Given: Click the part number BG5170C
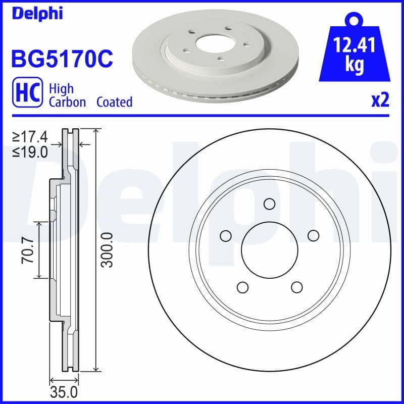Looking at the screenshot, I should pyautogui.click(x=62, y=59).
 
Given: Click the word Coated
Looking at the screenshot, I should pyautogui.click(x=115, y=102).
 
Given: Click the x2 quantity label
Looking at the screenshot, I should pyautogui.click(x=380, y=101).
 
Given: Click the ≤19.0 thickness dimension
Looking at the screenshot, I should pyautogui.click(x=31, y=151).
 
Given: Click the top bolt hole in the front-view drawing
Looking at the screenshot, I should pyautogui.click(x=269, y=204).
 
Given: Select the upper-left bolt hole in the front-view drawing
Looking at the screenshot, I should pyautogui.click(x=225, y=235).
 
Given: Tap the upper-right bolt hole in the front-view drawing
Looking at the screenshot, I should pyautogui.click(x=313, y=235).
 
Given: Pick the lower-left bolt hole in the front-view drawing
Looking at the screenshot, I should pyautogui.click(x=242, y=287).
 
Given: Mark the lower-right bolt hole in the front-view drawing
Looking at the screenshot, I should pyautogui.click(x=296, y=287).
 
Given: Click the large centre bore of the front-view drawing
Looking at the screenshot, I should pyautogui.click(x=269, y=250).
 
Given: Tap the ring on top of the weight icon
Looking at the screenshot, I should pyautogui.click(x=355, y=20).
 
